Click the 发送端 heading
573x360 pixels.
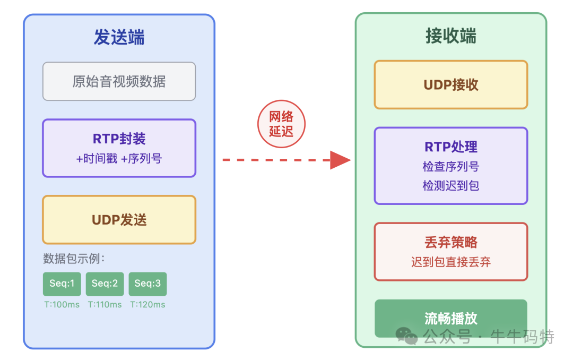119,37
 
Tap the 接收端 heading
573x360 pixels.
450,36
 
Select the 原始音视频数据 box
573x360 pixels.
119,81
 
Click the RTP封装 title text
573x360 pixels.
119,139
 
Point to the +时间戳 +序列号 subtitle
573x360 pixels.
119,158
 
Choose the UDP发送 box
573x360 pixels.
119,220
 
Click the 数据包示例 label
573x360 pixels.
74,259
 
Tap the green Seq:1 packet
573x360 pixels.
62,284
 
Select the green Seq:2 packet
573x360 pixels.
105,284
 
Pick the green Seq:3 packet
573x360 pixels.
147,284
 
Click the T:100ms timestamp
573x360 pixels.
62,305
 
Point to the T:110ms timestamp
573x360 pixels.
105,305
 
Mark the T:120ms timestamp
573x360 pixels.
147,305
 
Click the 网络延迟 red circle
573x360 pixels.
281,124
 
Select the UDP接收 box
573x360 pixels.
450,85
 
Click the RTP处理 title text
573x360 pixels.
450,147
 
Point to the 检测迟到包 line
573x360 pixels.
450,186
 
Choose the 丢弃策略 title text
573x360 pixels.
450,243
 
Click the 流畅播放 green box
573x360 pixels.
450,318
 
